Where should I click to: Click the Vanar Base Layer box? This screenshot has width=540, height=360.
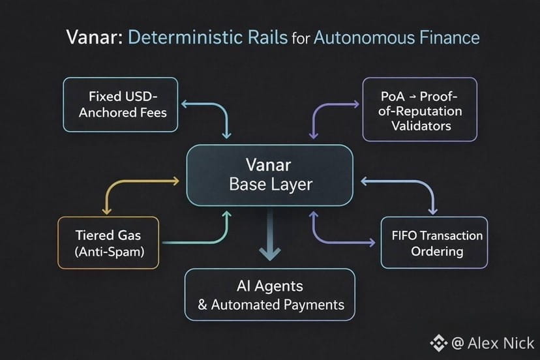270,175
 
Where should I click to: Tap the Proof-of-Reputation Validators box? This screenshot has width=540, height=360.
420,110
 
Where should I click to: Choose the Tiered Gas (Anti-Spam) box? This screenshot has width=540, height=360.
108,242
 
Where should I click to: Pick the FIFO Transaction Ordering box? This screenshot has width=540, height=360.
434,243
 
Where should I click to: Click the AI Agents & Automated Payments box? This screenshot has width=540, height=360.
270,295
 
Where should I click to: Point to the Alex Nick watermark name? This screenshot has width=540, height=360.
500,343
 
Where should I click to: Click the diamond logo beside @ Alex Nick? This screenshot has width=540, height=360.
437,343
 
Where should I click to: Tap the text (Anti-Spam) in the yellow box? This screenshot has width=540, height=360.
108,251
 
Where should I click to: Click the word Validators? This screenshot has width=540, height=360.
421,125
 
